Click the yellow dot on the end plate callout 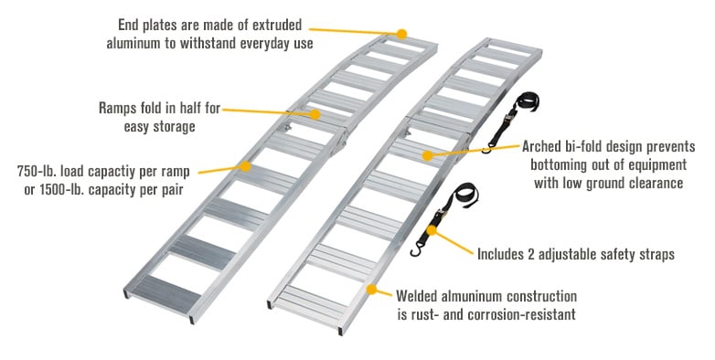[x=401, y=33]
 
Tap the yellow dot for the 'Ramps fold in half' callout [x=315, y=115]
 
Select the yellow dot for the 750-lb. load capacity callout [x=245, y=166]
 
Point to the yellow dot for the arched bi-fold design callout [x=426, y=155]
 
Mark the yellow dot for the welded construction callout [x=371, y=290]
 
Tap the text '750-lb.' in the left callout [x=40, y=171]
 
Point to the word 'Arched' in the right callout [x=545, y=146]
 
